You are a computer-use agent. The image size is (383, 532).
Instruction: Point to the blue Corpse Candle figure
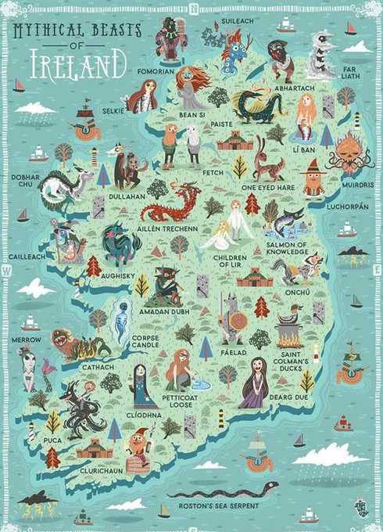120,322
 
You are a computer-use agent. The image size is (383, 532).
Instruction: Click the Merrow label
27,340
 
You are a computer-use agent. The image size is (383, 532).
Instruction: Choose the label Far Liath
350,73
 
